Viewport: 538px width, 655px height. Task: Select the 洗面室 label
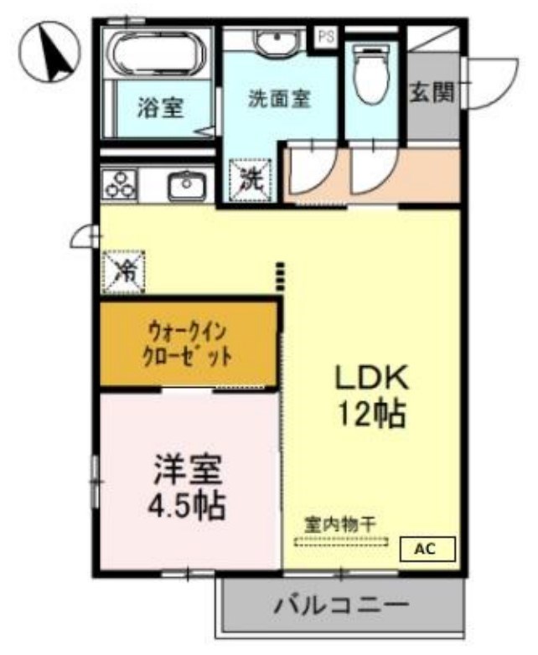(x=279, y=99)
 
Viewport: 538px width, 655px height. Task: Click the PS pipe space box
(x=325, y=36)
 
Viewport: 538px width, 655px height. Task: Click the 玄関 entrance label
(x=432, y=92)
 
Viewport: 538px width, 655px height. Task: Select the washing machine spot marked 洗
(x=251, y=178)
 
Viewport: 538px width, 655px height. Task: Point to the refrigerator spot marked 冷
(x=123, y=270)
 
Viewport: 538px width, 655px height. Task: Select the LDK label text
(x=371, y=378)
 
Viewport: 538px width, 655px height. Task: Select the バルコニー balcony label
(x=342, y=604)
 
